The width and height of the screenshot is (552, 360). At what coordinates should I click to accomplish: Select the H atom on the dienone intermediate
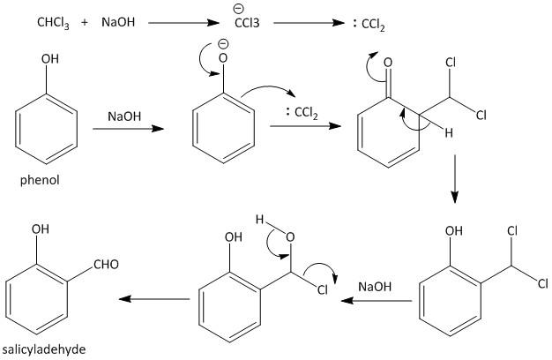pyautogui.click(x=449, y=134)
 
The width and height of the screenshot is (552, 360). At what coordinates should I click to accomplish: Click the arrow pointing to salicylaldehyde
pyautogui.click(x=154, y=299)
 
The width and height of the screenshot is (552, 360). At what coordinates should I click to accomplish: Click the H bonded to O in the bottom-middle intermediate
pyautogui.click(x=260, y=220)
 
